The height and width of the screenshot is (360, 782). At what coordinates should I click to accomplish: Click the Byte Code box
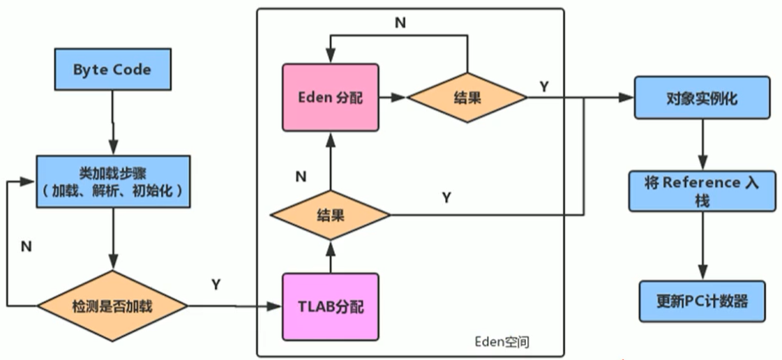[x=112, y=70]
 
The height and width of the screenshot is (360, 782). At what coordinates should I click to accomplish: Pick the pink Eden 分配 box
[x=330, y=97]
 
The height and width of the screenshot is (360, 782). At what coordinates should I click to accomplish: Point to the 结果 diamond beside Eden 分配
[x=467, y=98]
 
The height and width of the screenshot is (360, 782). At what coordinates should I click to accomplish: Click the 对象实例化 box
[x=702, y=98]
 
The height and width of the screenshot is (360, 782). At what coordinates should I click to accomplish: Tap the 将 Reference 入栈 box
[x=702, y=190]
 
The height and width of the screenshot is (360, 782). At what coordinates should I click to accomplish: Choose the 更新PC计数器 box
[x=702, y=301]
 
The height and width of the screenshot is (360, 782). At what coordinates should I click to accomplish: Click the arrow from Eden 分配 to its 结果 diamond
[x=393, y=98]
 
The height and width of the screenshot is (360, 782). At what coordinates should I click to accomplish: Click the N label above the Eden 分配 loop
[x=400, y=23]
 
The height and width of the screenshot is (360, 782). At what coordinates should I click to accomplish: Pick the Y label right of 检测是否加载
[x=216, y=284]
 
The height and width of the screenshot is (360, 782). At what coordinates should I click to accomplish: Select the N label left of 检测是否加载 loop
[x=26, y=246]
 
